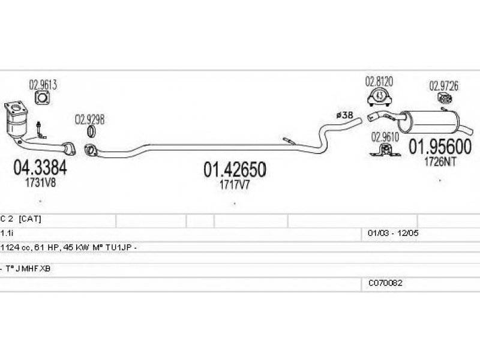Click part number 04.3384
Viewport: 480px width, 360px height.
click(40, 167)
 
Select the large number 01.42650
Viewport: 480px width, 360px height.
click(235, 170)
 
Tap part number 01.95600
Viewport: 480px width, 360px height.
click(440, 146)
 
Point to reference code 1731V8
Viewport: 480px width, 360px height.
click(40, 183)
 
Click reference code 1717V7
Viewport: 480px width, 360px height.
click(235, 185)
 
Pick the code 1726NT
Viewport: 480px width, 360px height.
click(440, 161)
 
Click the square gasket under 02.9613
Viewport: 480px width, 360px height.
click(43, 98)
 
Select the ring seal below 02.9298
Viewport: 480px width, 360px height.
click(91, 131)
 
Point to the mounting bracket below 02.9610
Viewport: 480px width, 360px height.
click(385, 150)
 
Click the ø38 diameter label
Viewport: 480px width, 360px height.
click(344, 115)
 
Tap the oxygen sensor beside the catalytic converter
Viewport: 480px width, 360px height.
click(40, 130)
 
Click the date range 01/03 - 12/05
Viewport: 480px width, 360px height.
click(393, 233)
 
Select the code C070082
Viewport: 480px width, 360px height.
click(385, 283)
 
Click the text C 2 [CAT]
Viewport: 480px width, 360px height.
click(21, 219)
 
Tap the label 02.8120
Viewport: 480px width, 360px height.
click(379, 82)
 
